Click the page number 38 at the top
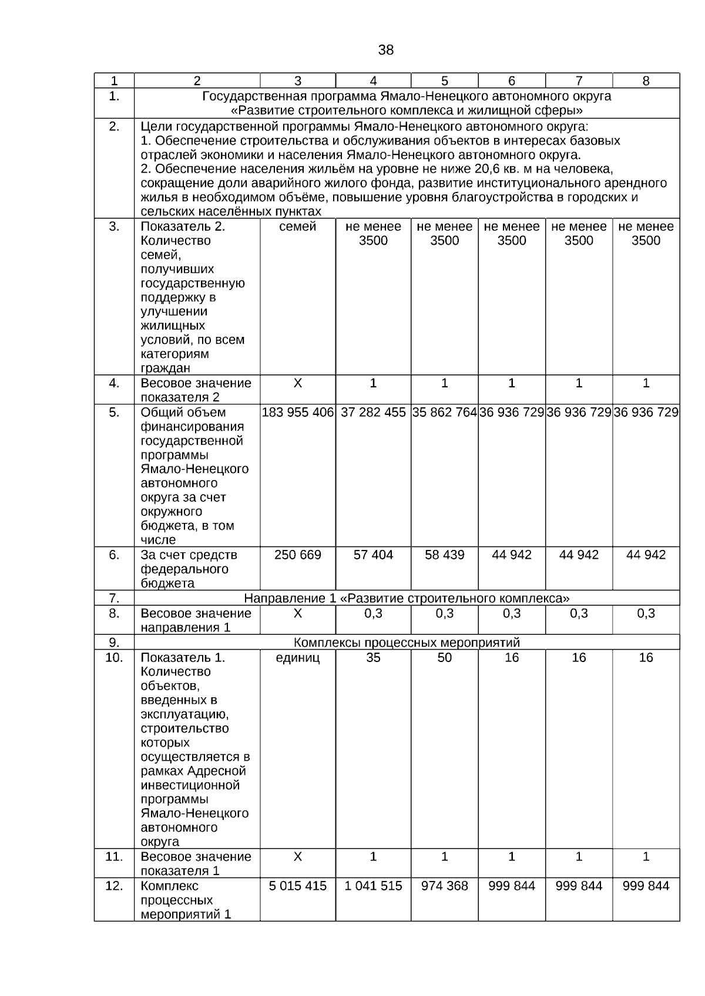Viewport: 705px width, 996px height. (x=385, y=50)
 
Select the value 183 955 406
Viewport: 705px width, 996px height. (x=298, y=413)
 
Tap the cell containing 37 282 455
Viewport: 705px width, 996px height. (x=373, y=413)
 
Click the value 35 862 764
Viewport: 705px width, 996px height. (x=445, y=413)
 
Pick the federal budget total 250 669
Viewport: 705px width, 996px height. (x=298, y=555)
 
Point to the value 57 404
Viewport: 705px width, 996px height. (x=373, y=555)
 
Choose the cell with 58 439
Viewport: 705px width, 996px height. (x=445, y=555)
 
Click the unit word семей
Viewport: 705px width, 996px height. (x=298, y=227)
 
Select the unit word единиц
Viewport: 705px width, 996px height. (x=298, y=658)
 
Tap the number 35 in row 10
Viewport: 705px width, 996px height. (x=373, y=658)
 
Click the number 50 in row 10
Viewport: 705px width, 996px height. (x=445, y=658)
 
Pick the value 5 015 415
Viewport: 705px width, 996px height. (x=298, y=886)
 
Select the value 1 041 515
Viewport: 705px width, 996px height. (x=373, y=886)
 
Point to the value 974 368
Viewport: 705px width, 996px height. (x=445, y=886)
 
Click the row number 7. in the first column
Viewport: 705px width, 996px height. (x=114, y=599)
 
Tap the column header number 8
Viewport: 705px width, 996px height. (x=646, y=82)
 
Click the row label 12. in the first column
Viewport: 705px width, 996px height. (x=114, y=886)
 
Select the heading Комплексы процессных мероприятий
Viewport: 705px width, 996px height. (x=407, y=643)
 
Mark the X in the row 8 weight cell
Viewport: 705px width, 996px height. (x=298, y=614)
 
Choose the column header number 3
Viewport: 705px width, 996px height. (x=298, y=82)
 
